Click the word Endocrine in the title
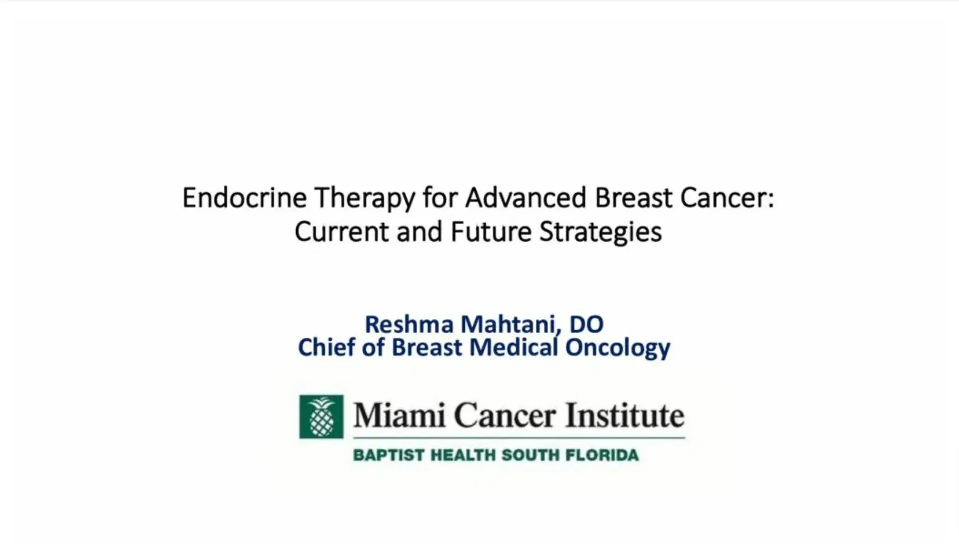244,198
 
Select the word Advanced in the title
525,198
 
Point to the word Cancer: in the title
727,198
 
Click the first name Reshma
409,324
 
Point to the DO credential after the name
586,324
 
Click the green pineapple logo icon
321,417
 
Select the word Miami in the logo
399,416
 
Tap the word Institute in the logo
625,416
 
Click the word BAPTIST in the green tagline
389,455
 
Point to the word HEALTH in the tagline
463,455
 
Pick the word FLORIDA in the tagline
602,455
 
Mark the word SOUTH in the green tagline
530,455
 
